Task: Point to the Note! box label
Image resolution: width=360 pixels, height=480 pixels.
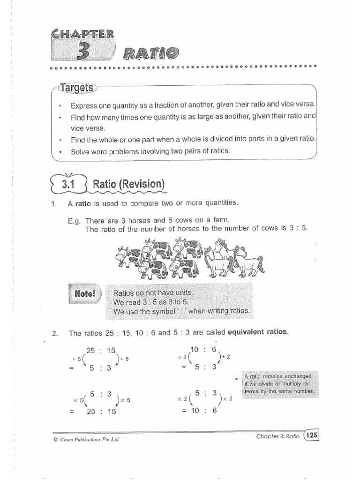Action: point(85,294)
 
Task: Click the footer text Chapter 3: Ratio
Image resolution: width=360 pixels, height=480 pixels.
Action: point(278,437)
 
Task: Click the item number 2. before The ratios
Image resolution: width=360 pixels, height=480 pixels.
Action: point(55,334)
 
